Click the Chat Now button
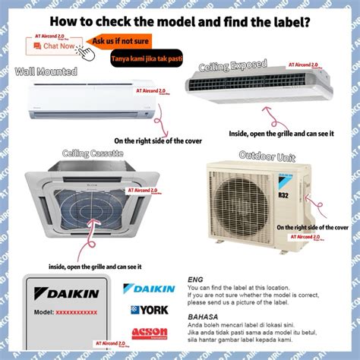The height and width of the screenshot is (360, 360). coord(54,46)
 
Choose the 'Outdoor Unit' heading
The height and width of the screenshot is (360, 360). coord(267,156)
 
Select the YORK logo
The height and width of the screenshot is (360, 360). coord(150,310)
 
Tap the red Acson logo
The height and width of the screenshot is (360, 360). coord(149,333)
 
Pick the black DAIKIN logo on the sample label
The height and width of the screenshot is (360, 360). coord(65,293)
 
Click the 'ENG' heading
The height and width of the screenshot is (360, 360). coord(196,279)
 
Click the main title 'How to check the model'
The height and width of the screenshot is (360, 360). coord(180,22)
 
